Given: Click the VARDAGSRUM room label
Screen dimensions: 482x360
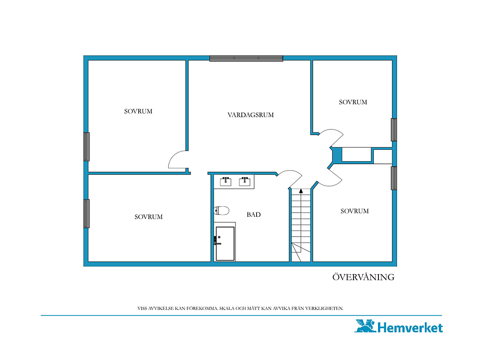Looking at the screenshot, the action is point(251,115).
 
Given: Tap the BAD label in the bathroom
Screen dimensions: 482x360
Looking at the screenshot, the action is point(254,214).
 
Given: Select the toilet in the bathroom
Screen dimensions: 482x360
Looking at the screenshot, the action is point(222,211).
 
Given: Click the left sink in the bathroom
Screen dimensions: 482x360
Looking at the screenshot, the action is point(226,181).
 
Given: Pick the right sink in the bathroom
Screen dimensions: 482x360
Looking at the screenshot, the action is point(245,181).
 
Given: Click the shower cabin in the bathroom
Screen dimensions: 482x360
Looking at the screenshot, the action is point(225,244).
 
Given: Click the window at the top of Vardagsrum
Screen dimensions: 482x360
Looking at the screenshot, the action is point(246,58).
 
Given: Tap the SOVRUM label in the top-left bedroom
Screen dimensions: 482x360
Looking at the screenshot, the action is point(138,111).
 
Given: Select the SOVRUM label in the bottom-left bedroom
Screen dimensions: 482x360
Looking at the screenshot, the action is point(148,217).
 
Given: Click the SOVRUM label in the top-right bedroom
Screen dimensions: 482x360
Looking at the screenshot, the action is point(353,102).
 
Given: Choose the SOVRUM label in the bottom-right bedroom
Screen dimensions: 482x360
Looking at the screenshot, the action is point(354,211).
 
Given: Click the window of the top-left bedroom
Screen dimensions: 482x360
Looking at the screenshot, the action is point(87,147).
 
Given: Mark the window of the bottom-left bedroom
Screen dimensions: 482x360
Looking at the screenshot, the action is point(87,214).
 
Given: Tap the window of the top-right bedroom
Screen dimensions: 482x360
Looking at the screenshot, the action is point(394,129).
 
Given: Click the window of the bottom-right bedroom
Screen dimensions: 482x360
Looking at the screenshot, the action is point(394,178).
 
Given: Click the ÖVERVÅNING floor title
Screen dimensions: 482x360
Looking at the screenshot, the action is point(363,277).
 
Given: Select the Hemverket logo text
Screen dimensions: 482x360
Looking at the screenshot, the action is point(410,327).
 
